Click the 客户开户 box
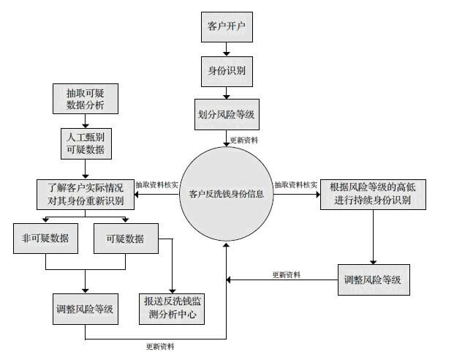point(227,28)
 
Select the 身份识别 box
point(227,72)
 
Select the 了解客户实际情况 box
point(85,193)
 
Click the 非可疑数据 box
point(45,239)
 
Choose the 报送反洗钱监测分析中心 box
point(171,308)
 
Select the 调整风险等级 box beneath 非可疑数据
point(85,308)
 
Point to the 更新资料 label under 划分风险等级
point(243,139)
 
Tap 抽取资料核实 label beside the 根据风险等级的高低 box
point(295,184)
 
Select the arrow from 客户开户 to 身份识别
point(227,50)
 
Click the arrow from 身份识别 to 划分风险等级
point(227,93)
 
